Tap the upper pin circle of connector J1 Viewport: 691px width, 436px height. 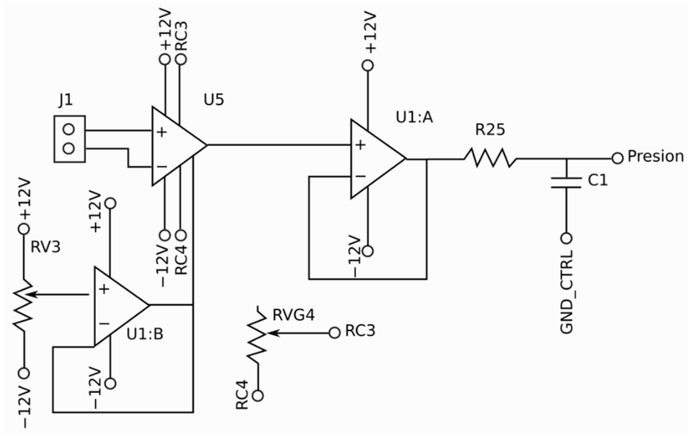coord(69,129)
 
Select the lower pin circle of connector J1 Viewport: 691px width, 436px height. coord(69,149)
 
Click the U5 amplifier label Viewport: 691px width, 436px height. coord(214,100)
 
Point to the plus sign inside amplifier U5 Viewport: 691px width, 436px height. coord(162,132)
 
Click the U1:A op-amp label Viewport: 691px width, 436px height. coord(414,117)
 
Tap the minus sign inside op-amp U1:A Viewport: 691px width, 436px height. coord(360,176)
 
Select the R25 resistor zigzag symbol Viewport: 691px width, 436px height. coord(490,158)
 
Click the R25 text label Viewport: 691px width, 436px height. coord(490,130)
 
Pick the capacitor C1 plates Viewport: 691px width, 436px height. coord(566,183)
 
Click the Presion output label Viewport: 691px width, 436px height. coord(655,157)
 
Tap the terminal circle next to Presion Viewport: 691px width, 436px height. coord(617,158)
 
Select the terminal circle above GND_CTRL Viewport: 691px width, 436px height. coord(566,238)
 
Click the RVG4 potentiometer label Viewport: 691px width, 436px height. coord(293,315)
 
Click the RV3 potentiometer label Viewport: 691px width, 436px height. coord(45,247)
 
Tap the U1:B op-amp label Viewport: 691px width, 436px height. coord(145,334)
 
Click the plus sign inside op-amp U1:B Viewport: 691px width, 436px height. coord(104,289)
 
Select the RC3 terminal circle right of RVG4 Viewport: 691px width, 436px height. coord(334,333)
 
